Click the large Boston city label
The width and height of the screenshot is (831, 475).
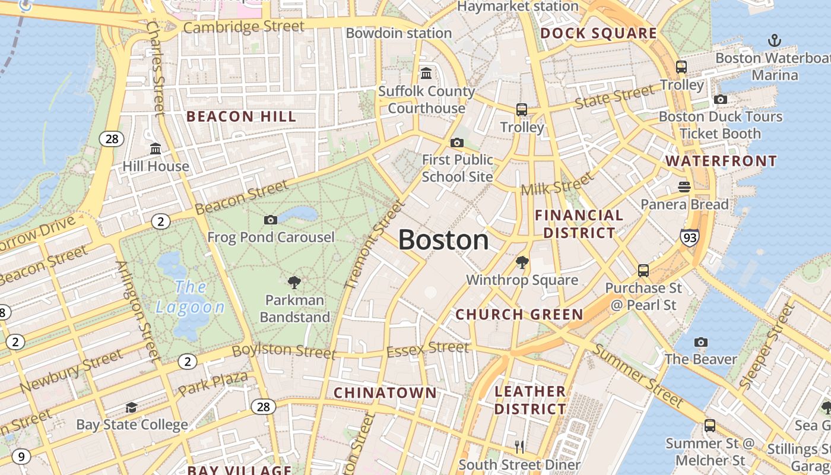click(x=443, y=240)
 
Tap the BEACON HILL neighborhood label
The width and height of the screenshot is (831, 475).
click(x=241, y=116)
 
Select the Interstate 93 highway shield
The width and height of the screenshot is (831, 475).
click(x=689, y=237)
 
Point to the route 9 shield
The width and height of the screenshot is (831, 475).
click(x=21, y=457)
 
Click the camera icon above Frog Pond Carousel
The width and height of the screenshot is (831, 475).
click(x=270, y=220)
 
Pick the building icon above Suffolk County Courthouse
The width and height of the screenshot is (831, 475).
click(x=426, y=74)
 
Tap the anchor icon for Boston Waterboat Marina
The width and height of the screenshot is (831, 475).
click(x=774, y=40)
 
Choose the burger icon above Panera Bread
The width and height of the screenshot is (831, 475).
click(x=684, y=187)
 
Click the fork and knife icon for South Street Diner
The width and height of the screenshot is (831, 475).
click(x=519, y=446)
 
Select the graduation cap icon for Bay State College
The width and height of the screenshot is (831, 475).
click(x=131, y=407)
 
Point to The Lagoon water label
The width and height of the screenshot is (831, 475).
click(x=190, y=297)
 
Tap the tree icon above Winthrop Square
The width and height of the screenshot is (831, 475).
click(x=522, y=262)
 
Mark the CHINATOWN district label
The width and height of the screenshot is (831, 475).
click(x=385, y=393)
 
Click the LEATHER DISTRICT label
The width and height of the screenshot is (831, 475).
click(x=530, y=400)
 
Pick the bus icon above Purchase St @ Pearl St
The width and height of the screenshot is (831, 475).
click(x=643, y=271)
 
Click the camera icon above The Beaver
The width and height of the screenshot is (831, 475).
click(x=701, y=342)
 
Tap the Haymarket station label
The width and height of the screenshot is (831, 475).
click(x=518, y=7)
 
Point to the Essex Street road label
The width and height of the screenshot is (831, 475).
click(x=427, y=349)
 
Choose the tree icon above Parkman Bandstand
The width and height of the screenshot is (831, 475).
click(x=294, y=282)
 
